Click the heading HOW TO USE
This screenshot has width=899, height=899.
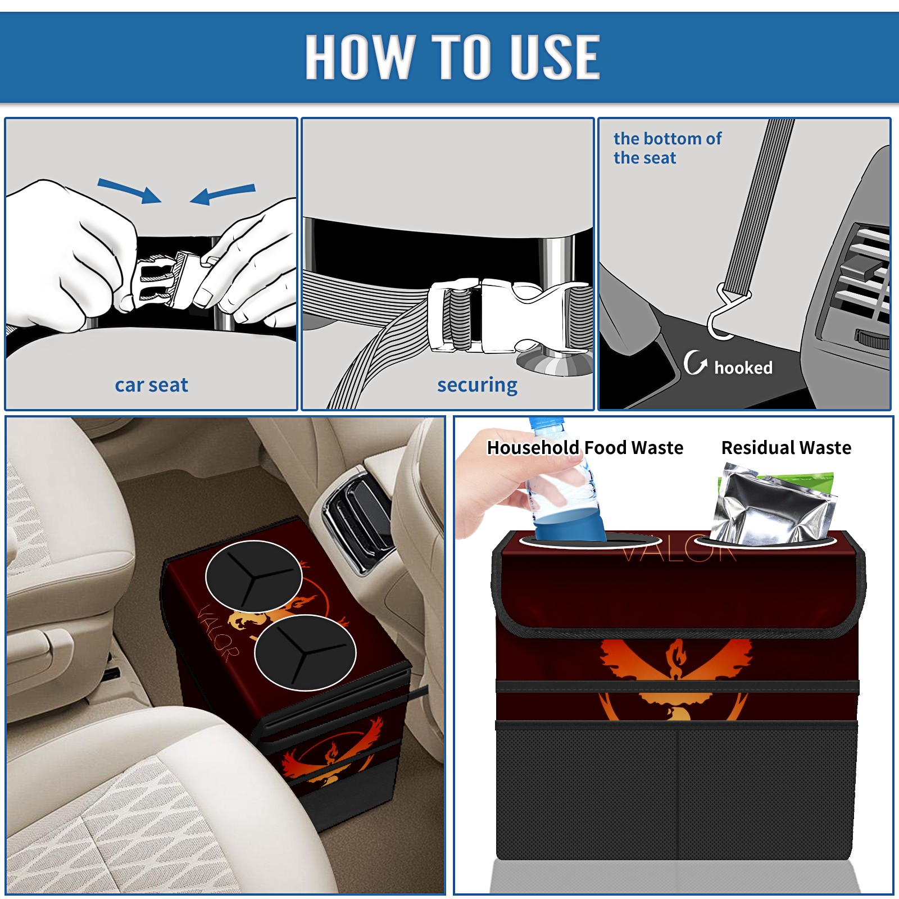tap(452, 57)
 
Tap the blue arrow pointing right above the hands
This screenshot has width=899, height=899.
tap(130, 190)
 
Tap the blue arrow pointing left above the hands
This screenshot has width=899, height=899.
tap(223, 194)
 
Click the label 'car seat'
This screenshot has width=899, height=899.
tap(151, 385)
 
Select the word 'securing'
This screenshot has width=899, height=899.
tap(477, 385)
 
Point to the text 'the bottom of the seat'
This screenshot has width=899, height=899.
tap(667, 148)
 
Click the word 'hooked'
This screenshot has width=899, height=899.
tap(743, 367)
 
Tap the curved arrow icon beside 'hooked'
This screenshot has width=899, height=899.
tap(694, 362)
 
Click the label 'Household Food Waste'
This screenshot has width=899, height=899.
tap(585, 448)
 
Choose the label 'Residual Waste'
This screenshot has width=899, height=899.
tap(786, 448)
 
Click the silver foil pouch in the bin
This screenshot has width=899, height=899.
tap(773, 505)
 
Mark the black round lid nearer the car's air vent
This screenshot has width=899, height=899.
tap(253, 576)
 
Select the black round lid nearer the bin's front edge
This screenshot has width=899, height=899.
tap(305, 652)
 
